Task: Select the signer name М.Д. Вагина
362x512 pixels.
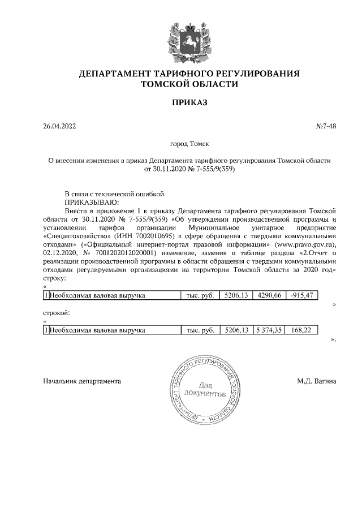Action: click(316, 381)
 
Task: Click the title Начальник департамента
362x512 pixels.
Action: click(82, 381)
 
